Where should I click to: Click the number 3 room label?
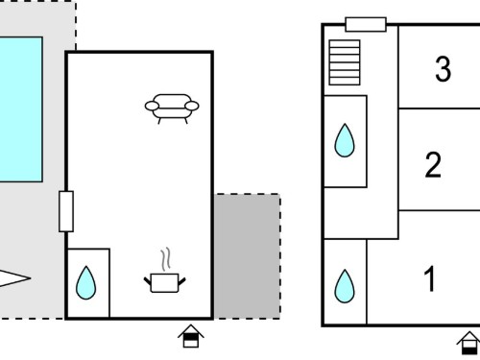pos(444,68)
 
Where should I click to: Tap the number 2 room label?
pos(433,165)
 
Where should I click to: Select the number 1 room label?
pos(430,278)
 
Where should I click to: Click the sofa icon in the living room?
pos(172,108)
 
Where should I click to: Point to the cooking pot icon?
pos(164,283)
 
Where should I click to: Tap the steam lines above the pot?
pos(165,259)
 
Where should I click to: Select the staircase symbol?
pos(345,62)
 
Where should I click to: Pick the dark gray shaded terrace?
pos(247,256)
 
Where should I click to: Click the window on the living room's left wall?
pos(66,211)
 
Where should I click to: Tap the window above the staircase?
pos(366,24)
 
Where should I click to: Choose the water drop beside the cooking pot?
pos(86,283)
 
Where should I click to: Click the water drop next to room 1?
pos(345,286)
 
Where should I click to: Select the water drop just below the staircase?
pos(345,140)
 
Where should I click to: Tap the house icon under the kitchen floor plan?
pos(191,336)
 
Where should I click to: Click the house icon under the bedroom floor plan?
pos(469,343)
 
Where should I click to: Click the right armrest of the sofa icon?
pos(192,106)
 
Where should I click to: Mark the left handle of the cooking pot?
pos(148,281)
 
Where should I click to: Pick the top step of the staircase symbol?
pos(345,43)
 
